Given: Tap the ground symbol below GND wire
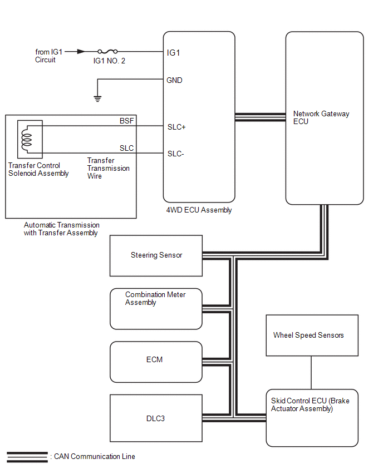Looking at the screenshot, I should [x=97, y=98].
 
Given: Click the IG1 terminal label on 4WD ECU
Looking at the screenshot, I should [x=173, y=53].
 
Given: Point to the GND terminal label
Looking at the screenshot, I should [x=174, y=80].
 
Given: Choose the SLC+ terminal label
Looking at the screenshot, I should [x=176, y=127].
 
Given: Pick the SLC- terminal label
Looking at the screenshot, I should [x=175, y=154].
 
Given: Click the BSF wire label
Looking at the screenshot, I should [x=127, y=121].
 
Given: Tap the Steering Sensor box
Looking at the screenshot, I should [x=156, y=255].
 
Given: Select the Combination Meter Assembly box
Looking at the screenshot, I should [x=156, y=308].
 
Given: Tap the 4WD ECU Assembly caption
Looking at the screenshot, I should [x=199, y=210].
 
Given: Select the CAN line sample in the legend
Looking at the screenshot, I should [x=27, y=457].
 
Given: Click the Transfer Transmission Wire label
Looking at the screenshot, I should [x=108, y=168].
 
